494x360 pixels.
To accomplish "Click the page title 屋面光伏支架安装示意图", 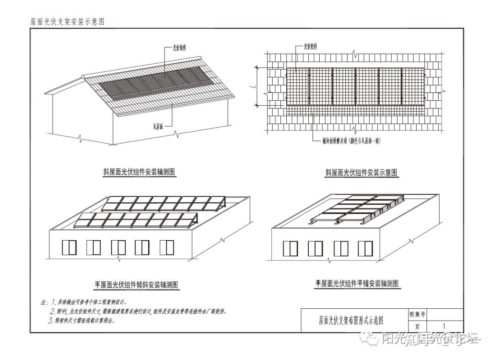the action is click(67, 21).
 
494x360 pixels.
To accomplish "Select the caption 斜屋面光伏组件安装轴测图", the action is click(140, 172).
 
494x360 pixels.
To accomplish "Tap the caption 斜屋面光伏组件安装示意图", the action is click(361, 172).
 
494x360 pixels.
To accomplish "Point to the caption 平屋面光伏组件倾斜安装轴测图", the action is click(137, 285).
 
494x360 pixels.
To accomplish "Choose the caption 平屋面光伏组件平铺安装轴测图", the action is click(357, 284).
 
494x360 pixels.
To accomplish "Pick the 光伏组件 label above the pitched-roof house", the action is click(179, 47).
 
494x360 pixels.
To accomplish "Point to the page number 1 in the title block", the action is click(444, 326).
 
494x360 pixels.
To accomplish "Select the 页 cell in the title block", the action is click(417, 327).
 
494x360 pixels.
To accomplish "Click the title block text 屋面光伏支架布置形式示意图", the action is click(350, 320).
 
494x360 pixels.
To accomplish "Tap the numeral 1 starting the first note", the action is click(54, 302).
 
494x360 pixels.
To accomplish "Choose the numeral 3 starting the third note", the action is click(51, 321).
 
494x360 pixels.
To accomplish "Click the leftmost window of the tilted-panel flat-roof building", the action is click(69, 247).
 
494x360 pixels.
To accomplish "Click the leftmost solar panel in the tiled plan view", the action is click(297, 86).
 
